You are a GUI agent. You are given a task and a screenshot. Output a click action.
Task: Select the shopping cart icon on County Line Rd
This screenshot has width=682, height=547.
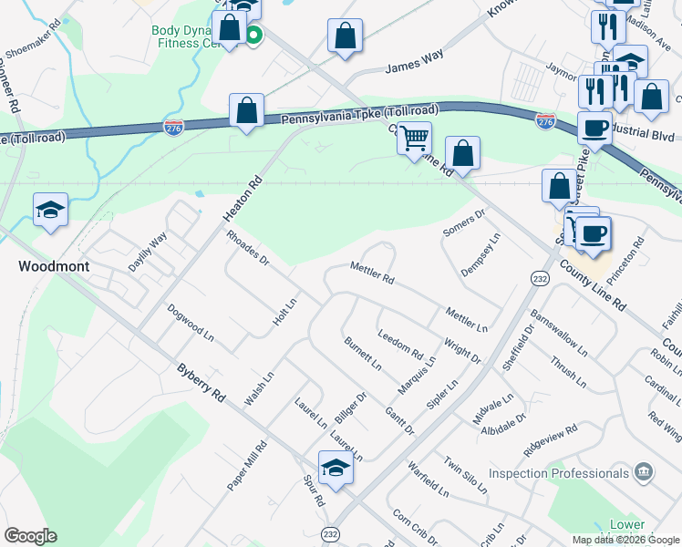415,139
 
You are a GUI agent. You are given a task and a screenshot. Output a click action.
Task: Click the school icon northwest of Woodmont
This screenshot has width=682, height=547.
50,210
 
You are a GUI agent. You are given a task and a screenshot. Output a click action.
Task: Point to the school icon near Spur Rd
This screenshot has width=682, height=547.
336,469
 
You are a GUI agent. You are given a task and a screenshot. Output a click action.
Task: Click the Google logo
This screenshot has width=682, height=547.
30,536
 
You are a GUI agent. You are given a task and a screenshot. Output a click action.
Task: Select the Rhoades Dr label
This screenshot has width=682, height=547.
247,247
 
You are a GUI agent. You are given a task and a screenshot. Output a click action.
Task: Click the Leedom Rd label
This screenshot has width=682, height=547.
400,344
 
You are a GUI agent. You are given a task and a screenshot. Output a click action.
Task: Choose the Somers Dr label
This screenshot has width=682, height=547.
464,221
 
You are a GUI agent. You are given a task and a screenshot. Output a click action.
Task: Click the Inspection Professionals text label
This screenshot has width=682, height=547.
559,473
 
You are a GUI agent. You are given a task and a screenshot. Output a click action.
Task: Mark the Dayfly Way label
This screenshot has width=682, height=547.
147,252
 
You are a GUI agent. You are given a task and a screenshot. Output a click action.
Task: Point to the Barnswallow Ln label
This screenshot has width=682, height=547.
558,335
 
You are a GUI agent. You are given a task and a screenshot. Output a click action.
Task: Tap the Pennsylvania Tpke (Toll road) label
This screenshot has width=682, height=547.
359,115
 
